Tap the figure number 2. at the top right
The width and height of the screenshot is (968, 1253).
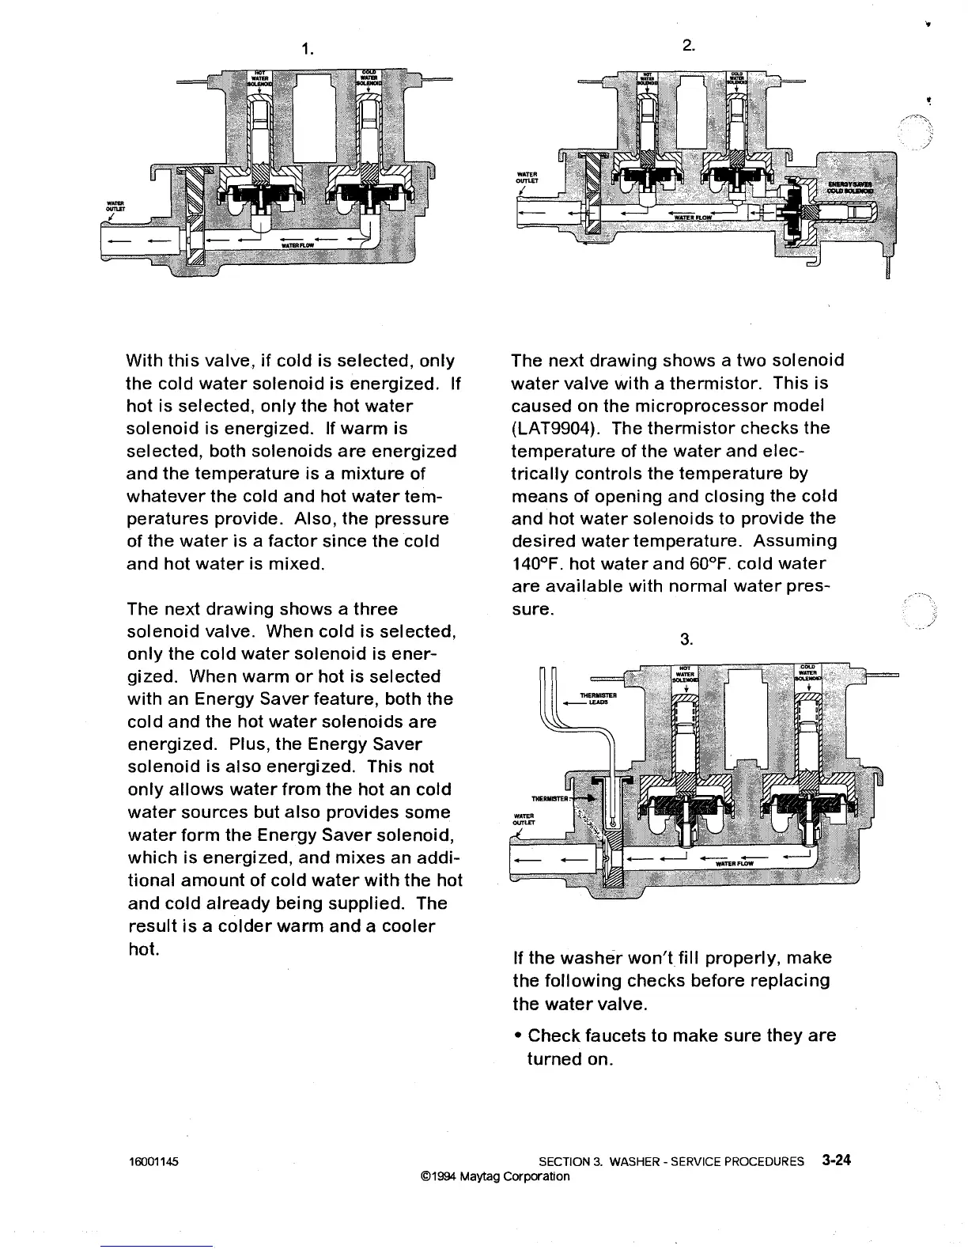click(689, 46)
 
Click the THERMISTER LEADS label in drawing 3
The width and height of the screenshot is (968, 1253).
click(599, 698)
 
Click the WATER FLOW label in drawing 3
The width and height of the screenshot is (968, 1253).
click(734, 864)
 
